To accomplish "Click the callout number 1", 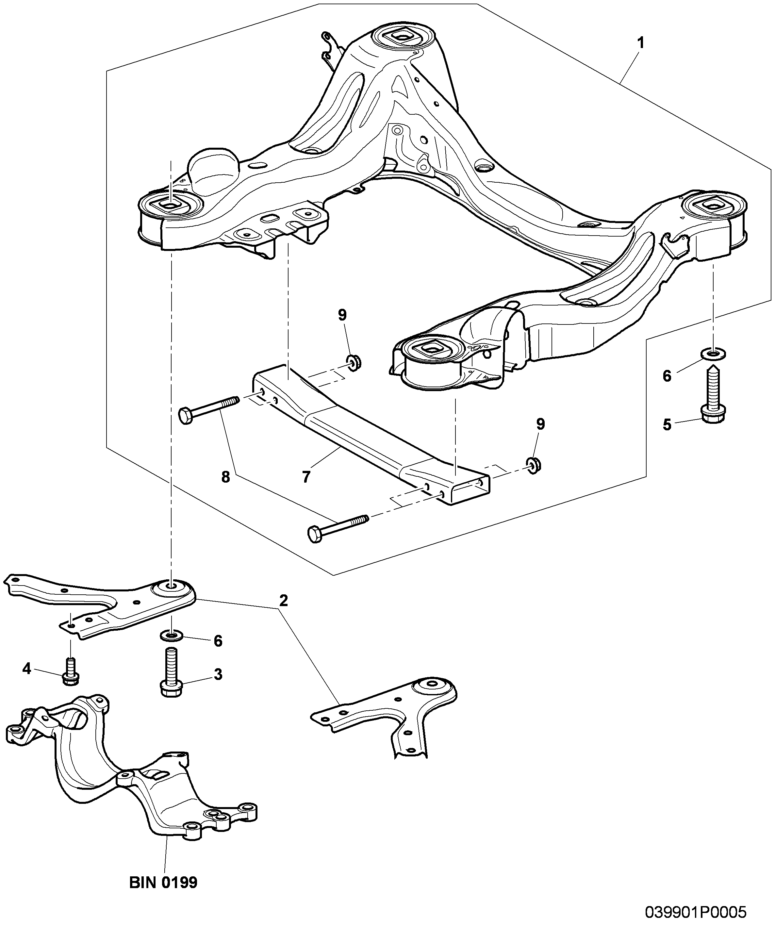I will [640, 43].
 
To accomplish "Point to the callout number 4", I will [26, 669].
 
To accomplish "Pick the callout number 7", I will [306, 476].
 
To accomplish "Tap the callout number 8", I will [225, 477].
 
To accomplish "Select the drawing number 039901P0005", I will [696, 912].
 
